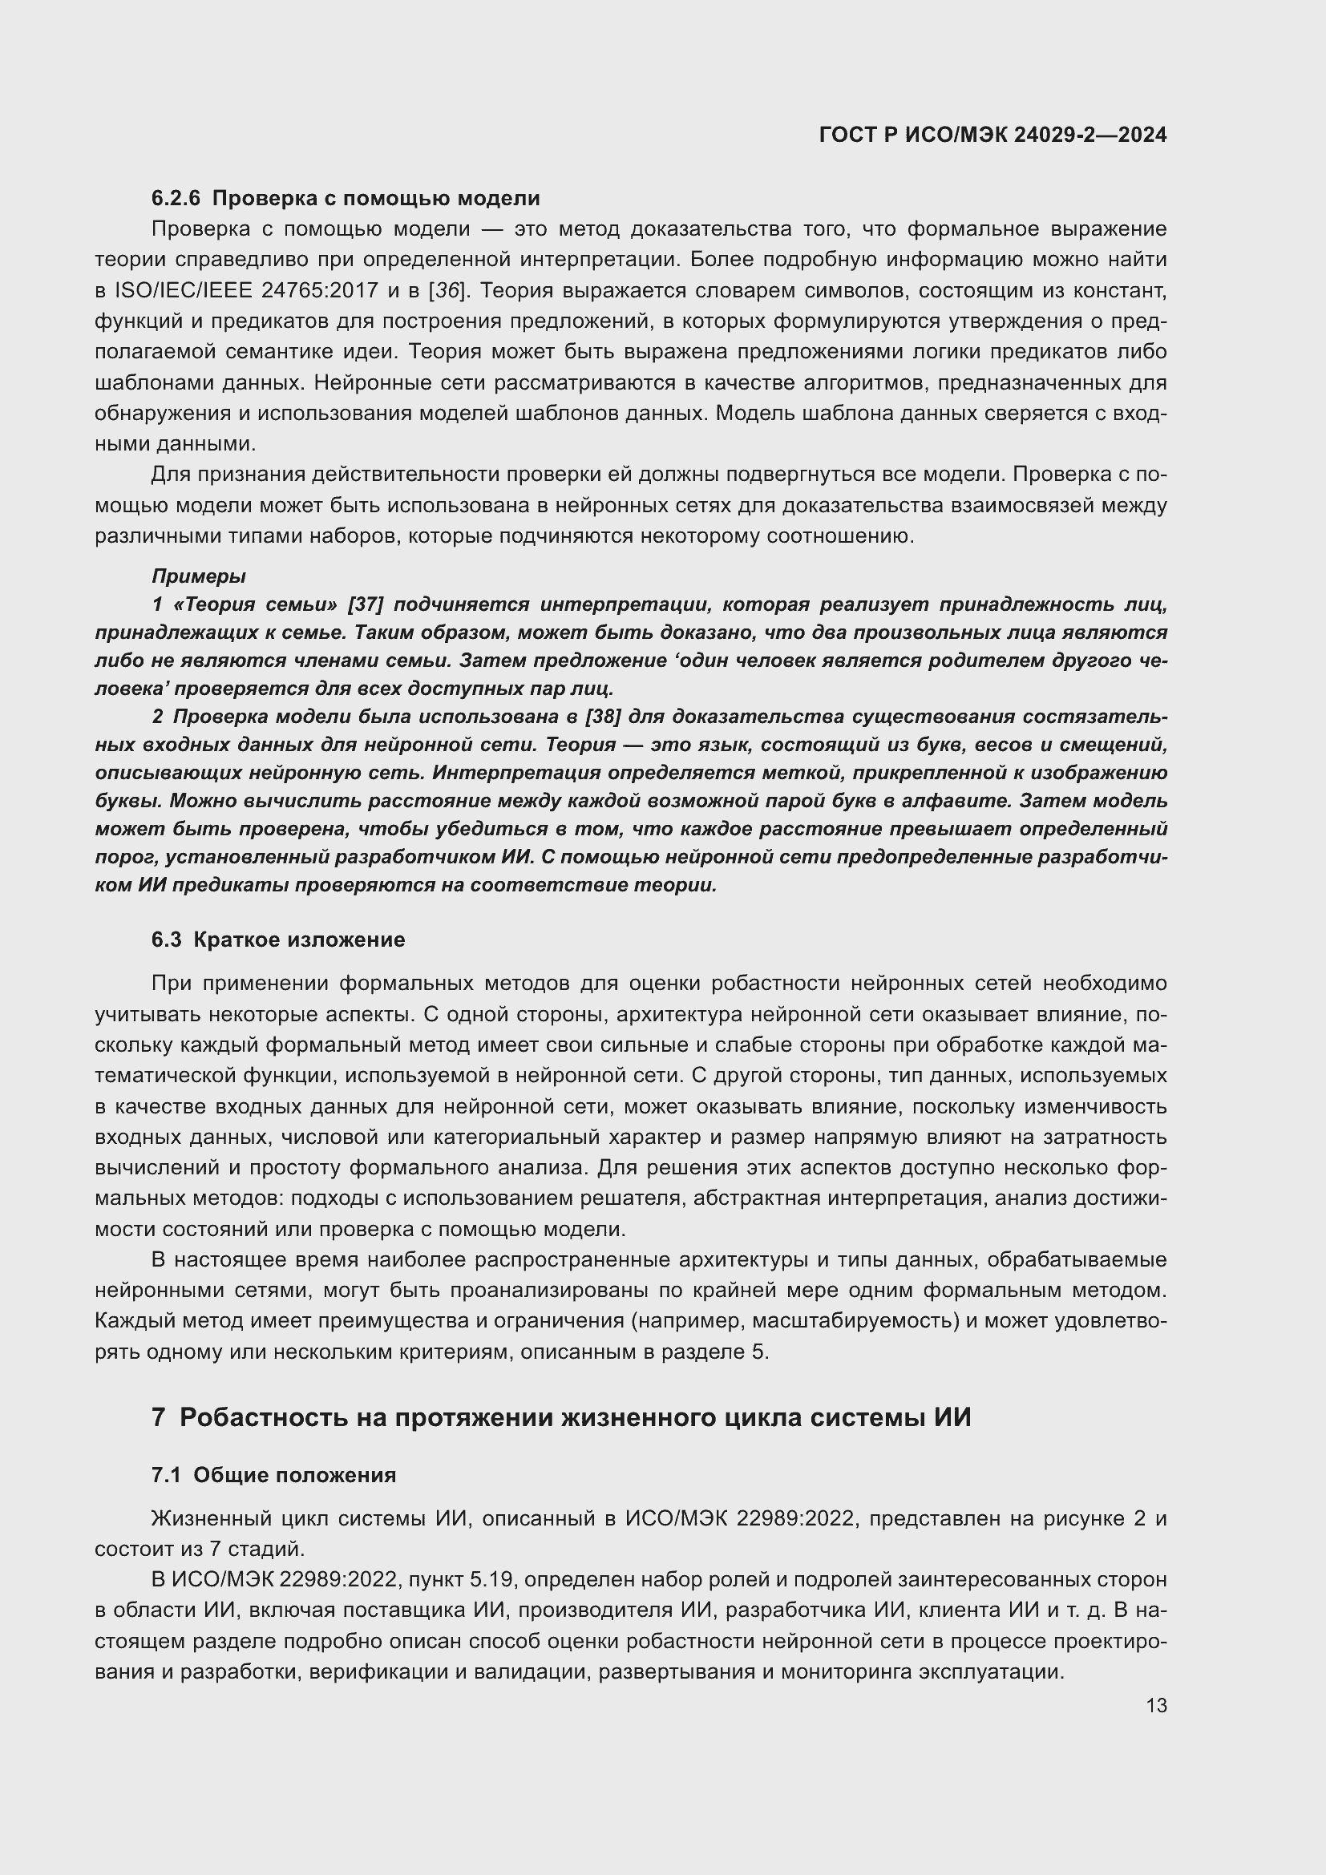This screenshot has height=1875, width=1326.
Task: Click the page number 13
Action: tap(1156, 1706)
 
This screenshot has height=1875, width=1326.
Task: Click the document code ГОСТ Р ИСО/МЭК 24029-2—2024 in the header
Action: tap(992, 135)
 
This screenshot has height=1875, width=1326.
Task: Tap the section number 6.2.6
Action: tap(176, 199)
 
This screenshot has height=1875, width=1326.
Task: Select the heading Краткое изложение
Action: tap(299, 940)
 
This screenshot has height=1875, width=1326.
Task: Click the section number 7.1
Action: tap(166, 1475)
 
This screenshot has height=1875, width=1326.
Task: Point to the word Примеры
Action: tap(198, 576)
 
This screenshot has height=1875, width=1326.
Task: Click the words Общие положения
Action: tap(295, 1475)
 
